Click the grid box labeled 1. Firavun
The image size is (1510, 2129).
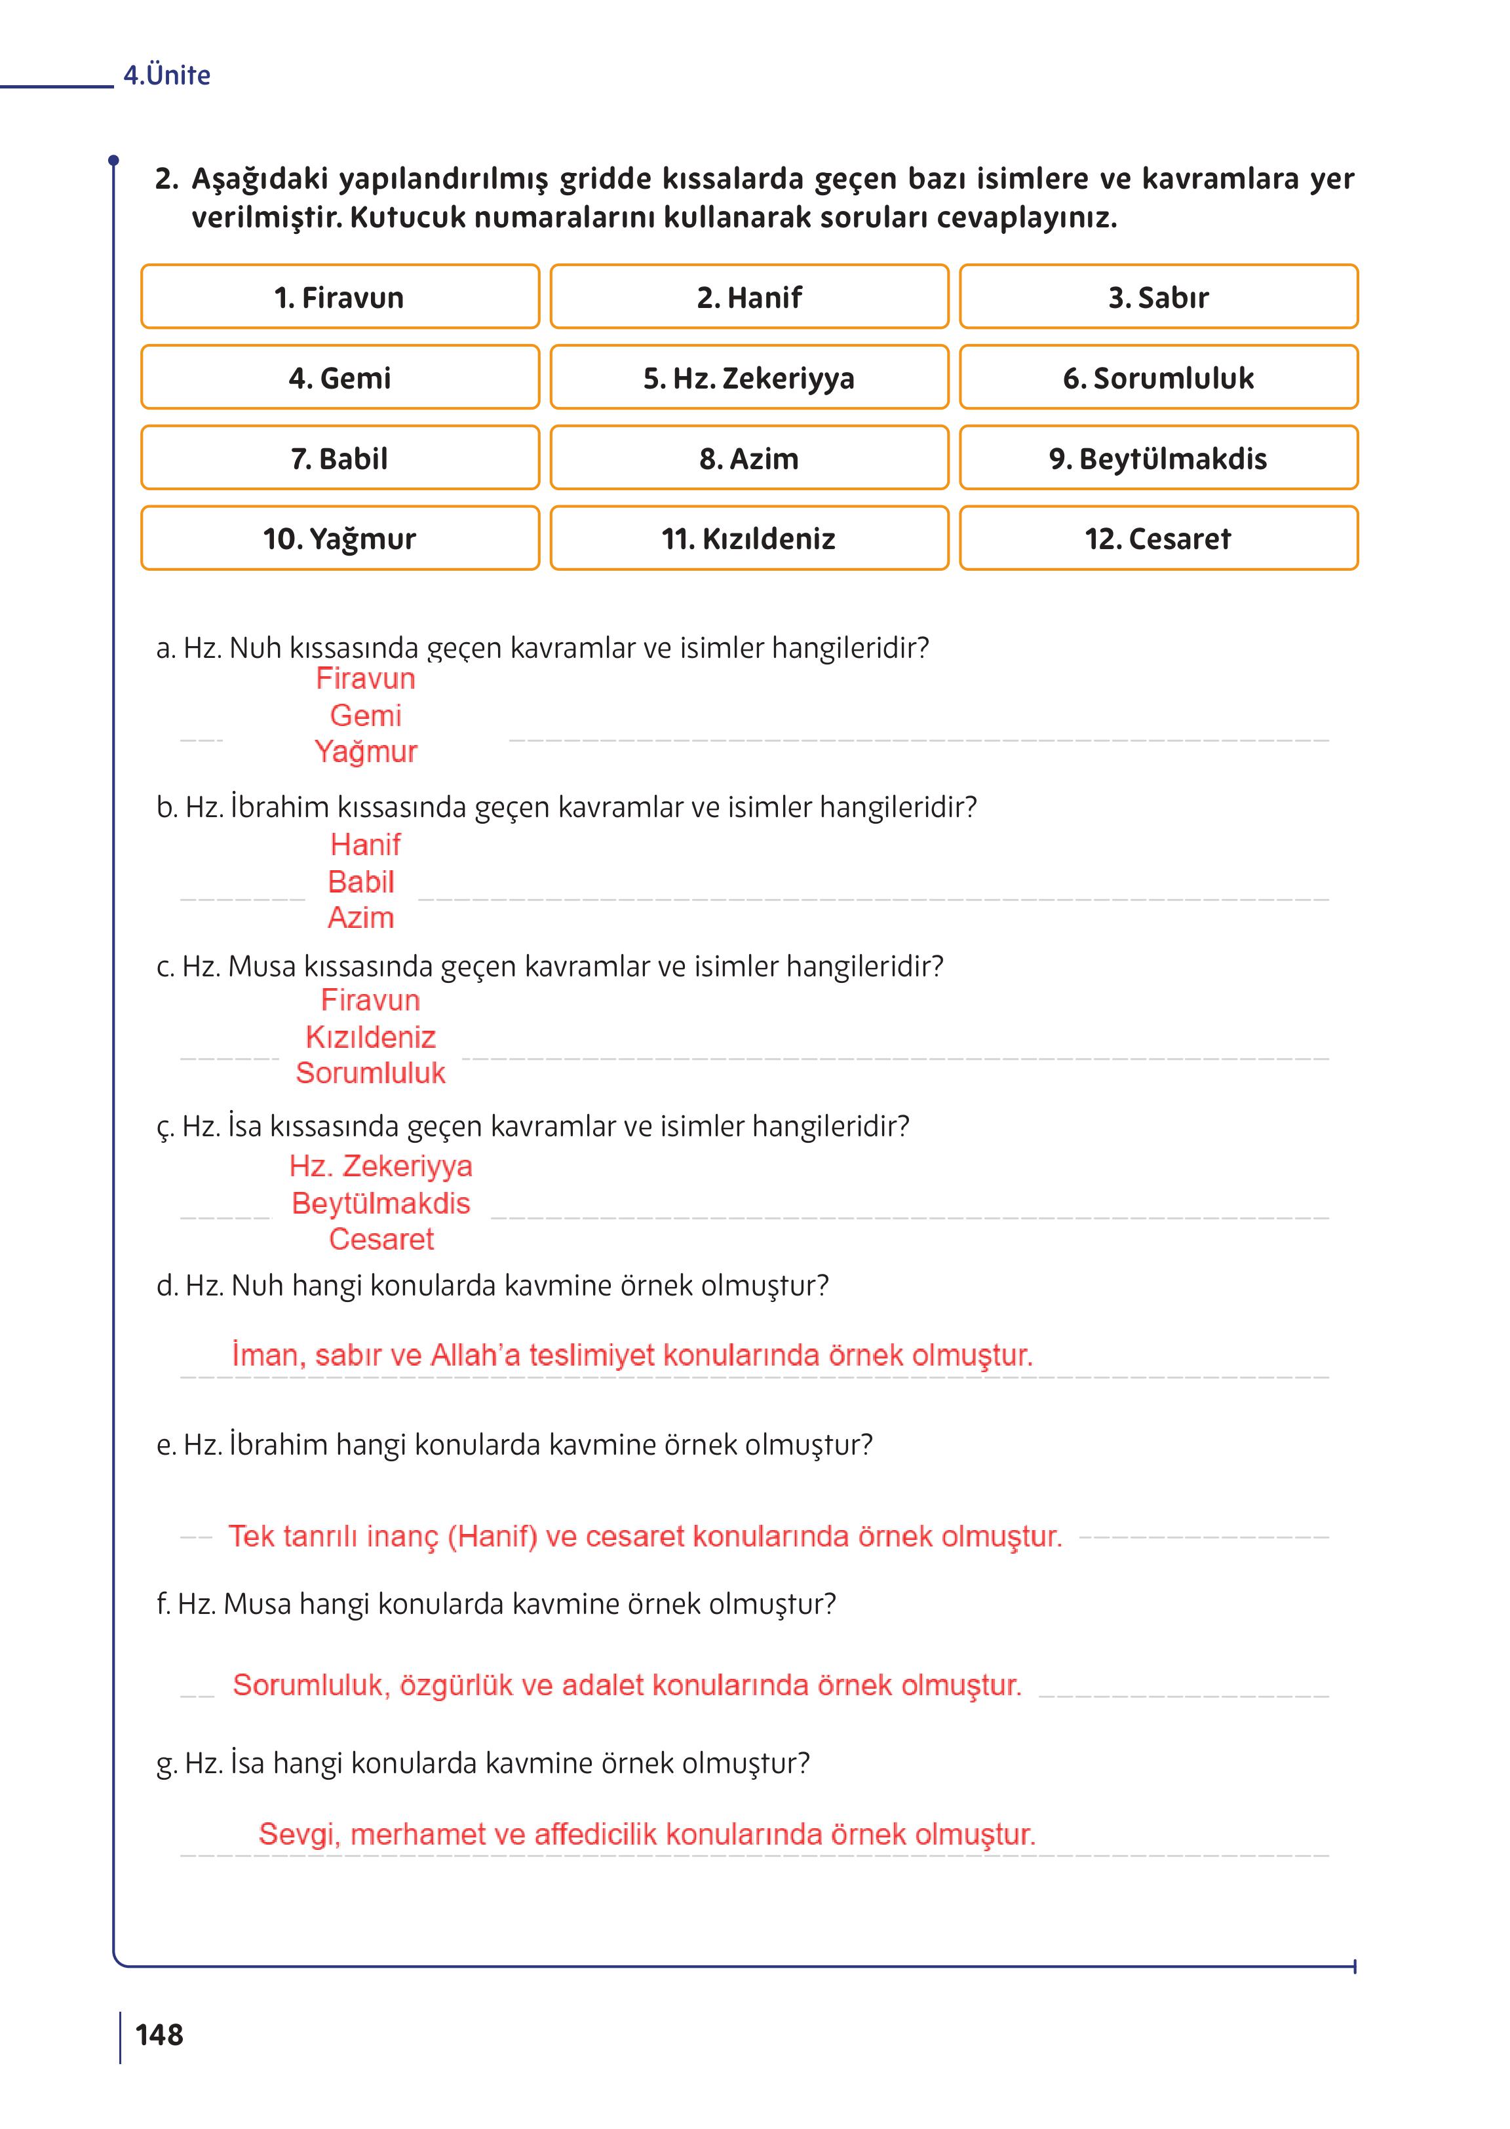coord(339,297)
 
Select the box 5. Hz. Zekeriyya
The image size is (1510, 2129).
coord(748,378)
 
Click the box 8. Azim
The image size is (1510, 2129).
coord(748,458)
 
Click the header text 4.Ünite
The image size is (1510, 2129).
coord(167,75)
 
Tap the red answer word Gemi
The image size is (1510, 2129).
coord(366,716)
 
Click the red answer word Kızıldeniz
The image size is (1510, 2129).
coord(370,1037)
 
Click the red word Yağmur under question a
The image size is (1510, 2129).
coord(366,751)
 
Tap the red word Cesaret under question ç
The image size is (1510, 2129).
coord(381,1239)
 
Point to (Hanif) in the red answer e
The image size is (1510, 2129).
coord(492,1536)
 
